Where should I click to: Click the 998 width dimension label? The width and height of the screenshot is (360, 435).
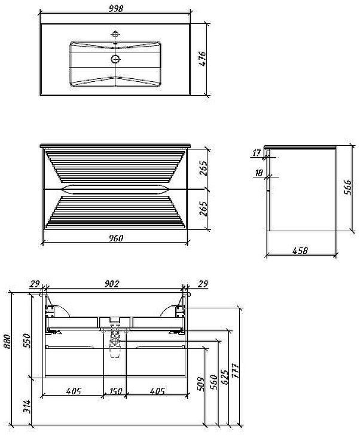pos(115,9)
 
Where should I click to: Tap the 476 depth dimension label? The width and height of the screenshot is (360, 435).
pos(202,59)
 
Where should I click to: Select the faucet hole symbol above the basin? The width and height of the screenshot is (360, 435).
pos(115,35)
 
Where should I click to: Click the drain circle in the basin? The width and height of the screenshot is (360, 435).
pos(115,59)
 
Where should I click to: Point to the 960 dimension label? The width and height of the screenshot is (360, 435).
pos(115,238)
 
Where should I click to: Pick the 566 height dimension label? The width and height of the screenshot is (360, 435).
pos(347,188)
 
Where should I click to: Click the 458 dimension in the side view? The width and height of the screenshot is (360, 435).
pos(300,250)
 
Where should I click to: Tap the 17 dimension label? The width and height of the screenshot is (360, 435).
pos(257,152)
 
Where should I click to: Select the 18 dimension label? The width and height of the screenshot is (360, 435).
pos(258,173)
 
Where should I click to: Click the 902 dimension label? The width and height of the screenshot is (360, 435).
pos(112,284)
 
